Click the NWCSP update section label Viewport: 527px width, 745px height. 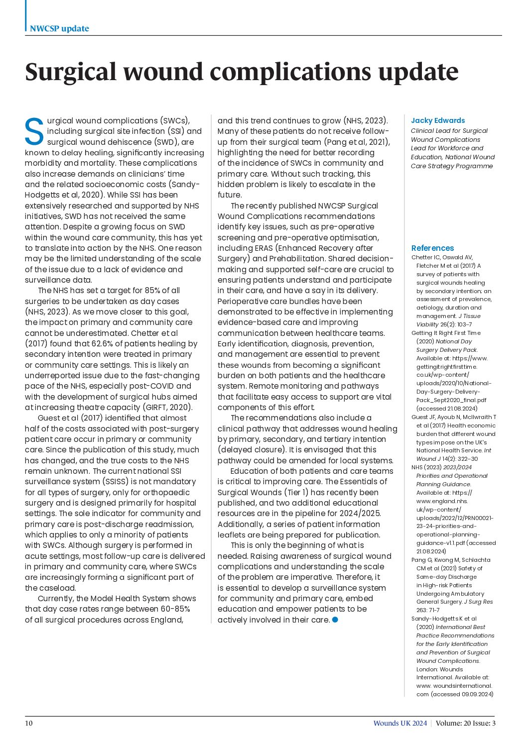(x=59, y=28)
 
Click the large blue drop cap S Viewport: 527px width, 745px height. (x=34, y=132)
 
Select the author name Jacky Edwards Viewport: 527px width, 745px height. (x=438, y=120)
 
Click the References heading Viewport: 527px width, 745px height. (x=432, y=248)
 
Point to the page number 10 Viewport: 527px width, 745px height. (x=29, y=723)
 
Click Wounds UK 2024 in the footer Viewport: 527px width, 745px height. (x=400, y=723)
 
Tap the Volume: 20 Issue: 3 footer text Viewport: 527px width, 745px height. (x=466, y=723)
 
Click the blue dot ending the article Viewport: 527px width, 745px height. (x=335, y=620)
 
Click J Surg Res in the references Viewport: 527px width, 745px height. (x=478, y=602)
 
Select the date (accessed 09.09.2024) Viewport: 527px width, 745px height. (x=462, y=694)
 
